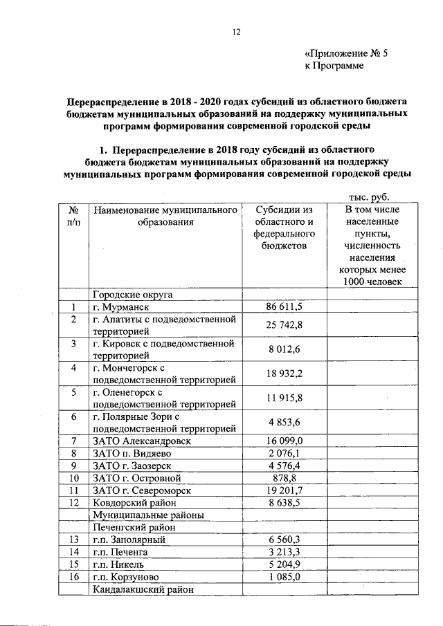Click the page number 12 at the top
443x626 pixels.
tap(235, 31)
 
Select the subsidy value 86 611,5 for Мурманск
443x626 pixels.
tap(284, 307)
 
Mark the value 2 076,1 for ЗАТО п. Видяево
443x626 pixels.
tap(284, 453)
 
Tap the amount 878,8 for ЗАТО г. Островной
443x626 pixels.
tap(284, 478)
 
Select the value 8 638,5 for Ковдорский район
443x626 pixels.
tap(284, 503)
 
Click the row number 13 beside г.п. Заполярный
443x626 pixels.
tap(73, 540)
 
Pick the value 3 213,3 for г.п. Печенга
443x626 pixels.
tap(284, 553)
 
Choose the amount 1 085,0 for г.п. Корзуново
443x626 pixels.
tap(284, 578)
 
